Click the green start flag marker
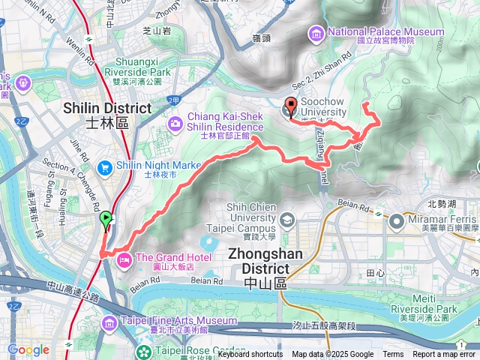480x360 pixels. [106, 220]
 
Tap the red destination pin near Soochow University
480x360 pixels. [290, 107]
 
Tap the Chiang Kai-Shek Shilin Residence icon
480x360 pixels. [174, 123]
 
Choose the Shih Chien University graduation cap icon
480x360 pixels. [287, 218]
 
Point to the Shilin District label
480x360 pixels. [108, 114]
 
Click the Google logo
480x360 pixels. [28, 349]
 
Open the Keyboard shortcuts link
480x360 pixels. [250, 355]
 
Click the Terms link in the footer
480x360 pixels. [393, 355]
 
